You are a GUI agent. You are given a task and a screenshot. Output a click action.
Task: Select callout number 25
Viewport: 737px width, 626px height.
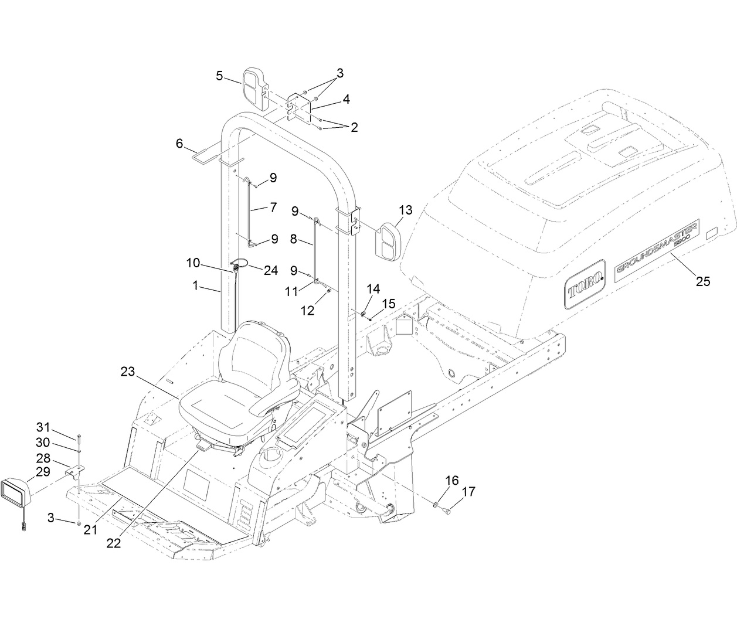tap(702, 281)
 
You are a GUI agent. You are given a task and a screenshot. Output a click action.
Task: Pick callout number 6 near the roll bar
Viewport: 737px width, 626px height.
tap(179, 143)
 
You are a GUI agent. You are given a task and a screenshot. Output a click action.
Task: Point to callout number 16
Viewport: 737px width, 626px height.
tap(451, 481)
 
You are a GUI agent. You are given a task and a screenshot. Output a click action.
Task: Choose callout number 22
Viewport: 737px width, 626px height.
tap(113, 543)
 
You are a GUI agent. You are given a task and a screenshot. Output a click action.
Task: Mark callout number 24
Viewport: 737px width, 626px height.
tap(270, 255)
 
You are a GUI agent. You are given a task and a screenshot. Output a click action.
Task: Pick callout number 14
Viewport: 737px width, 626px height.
tap(373, 288)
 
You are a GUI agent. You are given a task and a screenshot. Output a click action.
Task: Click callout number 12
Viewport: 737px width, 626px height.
tap(307, 311)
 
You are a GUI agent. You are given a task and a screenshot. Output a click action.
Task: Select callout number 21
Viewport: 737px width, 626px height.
tap(90, 529)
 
